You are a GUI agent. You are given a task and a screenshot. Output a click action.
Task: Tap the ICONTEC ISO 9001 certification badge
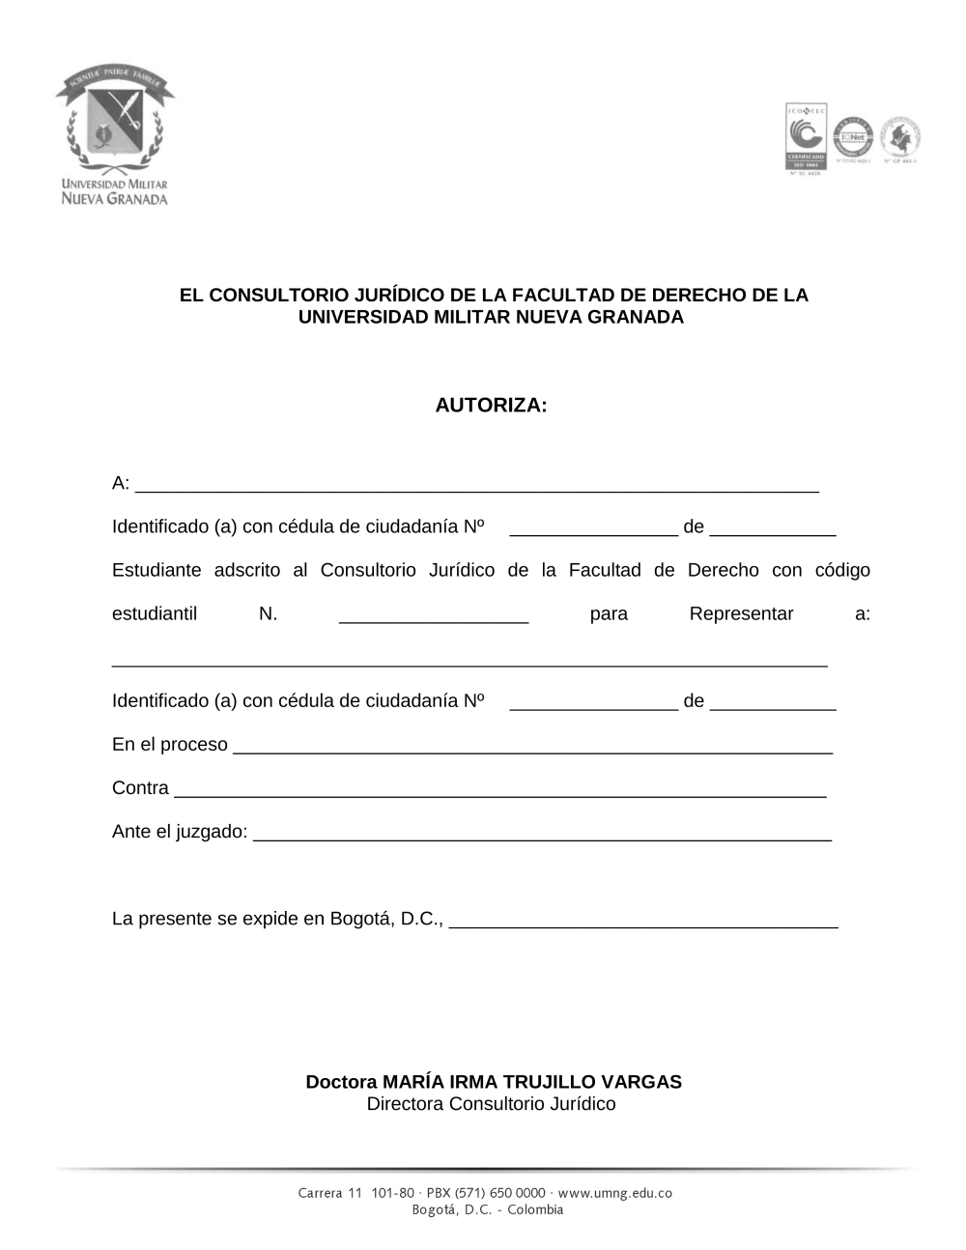805,137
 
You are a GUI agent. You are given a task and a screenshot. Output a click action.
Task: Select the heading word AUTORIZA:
491,405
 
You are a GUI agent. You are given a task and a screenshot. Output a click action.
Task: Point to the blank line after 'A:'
477,485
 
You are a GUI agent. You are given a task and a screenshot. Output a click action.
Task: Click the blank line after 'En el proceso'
532,746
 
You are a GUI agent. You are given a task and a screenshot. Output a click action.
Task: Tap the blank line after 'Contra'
499,789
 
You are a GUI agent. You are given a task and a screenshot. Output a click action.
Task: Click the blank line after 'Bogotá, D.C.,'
644,920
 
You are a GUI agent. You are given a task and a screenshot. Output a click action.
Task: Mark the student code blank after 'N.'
434,615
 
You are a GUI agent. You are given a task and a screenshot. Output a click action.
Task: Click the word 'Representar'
741,614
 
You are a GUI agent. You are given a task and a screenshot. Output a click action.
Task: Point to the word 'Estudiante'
156,570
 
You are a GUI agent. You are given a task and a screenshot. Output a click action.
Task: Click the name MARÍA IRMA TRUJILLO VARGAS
531,1082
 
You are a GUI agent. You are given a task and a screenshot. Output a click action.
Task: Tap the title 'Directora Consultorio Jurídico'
491,1104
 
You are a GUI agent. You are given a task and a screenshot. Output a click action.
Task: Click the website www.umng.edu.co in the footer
614,1193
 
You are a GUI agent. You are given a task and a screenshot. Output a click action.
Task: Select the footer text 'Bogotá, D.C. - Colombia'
487,1209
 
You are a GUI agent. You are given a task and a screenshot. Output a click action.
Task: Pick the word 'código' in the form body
842,570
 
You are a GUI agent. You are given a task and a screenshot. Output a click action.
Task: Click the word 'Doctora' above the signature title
341,1082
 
